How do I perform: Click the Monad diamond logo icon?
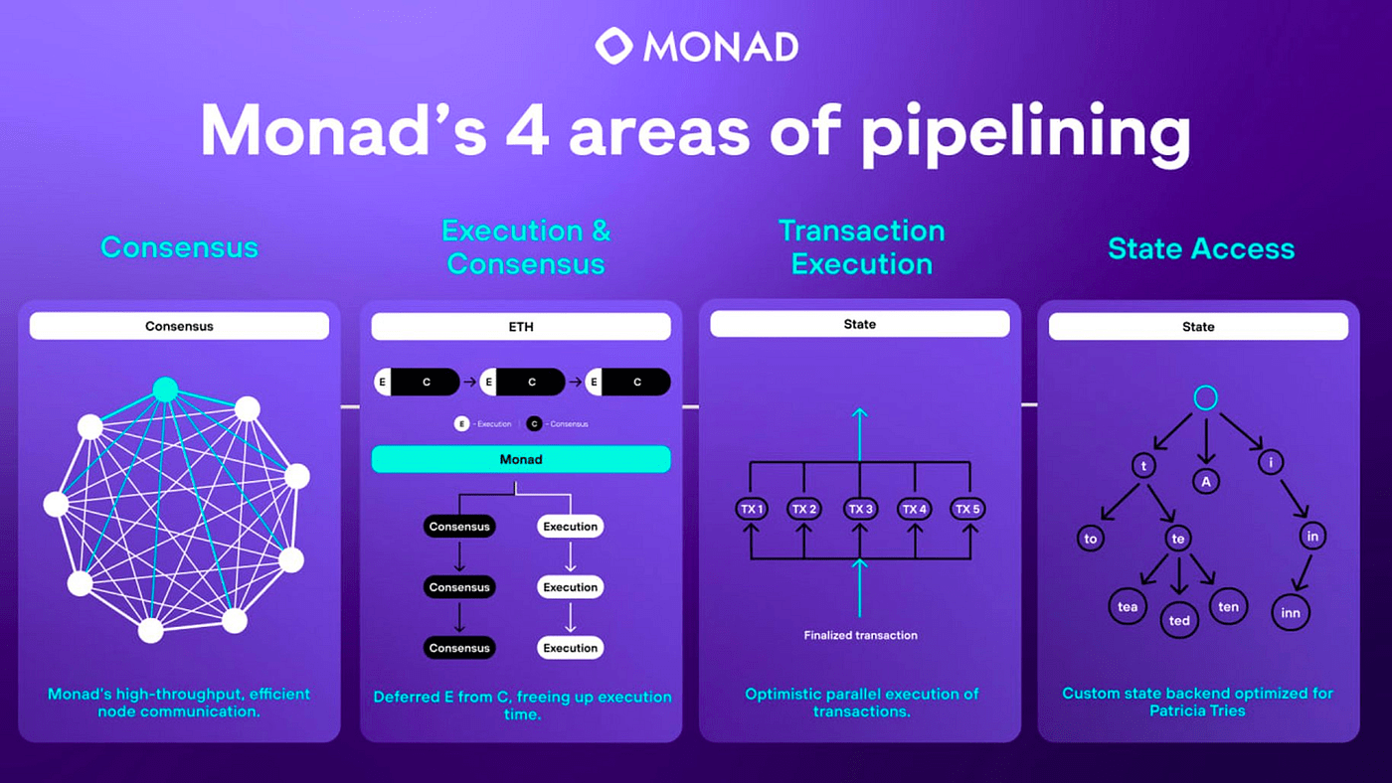pos(614,46)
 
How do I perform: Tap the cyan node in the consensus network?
pos(165,390)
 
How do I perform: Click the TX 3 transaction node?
pos(860,509)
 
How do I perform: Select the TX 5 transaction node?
pos(967,509)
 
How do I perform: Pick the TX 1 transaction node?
pos(752,509)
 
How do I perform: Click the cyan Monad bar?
pos(521,459)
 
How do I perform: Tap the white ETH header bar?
pos(521,327)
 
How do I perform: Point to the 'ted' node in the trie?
pos(1179,620)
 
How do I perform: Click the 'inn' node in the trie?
pos(1291,613)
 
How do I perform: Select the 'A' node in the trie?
pos(1205,481)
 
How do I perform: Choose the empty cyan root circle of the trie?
pos(1205,398)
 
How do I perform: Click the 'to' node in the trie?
pos(1091,539)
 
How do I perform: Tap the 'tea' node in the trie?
pos(1128,607)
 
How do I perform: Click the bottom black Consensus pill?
pos(459,648)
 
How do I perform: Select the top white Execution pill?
pos(570,527)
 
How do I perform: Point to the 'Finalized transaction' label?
pos(860,635)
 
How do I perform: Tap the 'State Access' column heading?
pos(1201,248)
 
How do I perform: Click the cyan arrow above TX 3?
pos(859,434)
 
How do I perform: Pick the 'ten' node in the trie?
pos(1228,607)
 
